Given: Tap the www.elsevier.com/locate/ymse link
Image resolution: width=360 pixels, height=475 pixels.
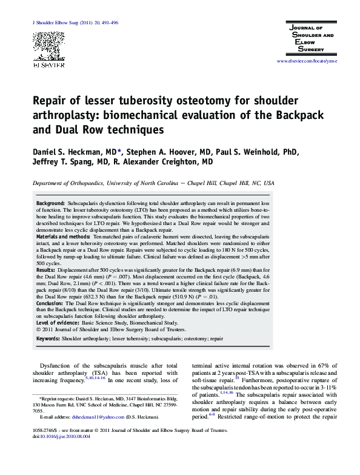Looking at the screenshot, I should point(307,61).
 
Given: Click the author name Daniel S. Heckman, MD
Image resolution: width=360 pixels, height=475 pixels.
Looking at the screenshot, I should point(73,151).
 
